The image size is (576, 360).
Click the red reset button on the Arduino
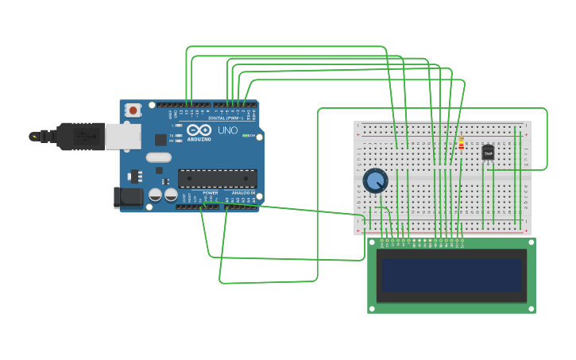tap(133, 110)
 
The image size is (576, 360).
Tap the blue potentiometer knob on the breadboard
tap(375, 181)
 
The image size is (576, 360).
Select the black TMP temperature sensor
tap(488, 152)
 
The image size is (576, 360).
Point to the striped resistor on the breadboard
tap(461, 143)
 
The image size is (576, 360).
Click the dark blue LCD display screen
tap(451, 275)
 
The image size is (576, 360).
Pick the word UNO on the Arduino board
tap(227, 130)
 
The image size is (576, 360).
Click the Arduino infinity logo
tap(199, 130)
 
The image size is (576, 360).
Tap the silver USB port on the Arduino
tap(122, 136)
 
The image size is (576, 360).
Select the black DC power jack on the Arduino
tap(127, 196)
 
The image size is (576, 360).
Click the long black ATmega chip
tap(217, 179)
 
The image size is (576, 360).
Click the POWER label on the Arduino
tap(210, 192)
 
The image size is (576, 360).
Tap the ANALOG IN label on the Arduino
tap(242, 192)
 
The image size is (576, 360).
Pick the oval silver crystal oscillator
tap(158, 157)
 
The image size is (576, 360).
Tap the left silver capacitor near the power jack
tap(156, 194)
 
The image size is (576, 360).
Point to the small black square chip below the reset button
tap(160, 140)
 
